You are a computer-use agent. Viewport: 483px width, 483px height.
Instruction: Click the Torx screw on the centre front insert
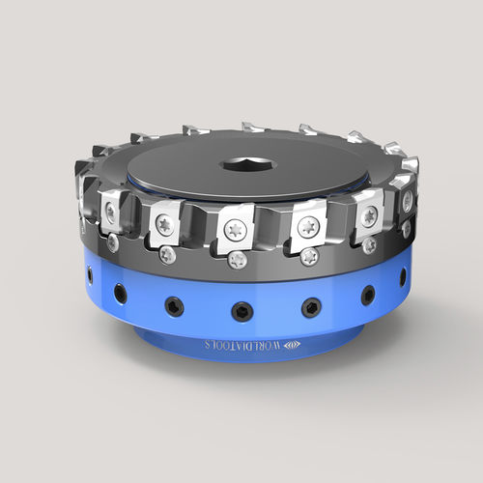pos(234,230)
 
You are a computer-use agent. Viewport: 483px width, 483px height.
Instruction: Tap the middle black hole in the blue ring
pos(240,310)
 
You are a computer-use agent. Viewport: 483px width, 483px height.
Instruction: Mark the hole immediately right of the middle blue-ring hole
pos(310,307)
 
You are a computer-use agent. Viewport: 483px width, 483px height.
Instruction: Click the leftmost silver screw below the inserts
pos(113,243)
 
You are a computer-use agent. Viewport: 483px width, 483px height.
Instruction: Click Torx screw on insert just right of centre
pos(307,227)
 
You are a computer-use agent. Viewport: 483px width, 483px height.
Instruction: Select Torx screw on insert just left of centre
pos(162,224)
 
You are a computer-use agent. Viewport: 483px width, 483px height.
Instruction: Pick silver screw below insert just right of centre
pos(309,257)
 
